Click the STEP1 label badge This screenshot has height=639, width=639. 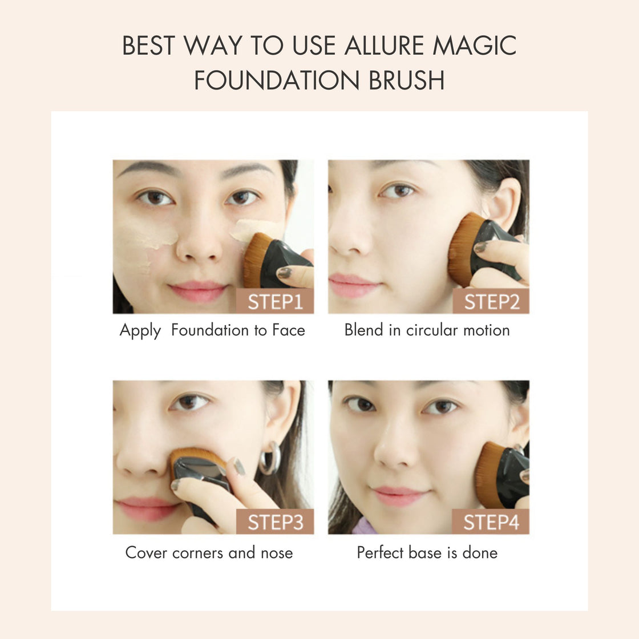pos(275,301)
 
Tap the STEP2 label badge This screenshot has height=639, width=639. pos(491,301)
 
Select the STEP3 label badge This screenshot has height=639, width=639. pos(275,521)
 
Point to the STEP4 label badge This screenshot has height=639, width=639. pos(491,521)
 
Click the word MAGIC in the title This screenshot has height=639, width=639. pos(474,45)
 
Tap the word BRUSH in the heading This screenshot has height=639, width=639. pos(406,80)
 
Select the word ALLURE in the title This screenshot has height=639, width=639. pos(385,45)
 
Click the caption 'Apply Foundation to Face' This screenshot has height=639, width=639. pos(212,330)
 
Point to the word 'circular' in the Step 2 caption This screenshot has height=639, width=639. pos(432,330)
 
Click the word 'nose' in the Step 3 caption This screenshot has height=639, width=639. pos(277,553)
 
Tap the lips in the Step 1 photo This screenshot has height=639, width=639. pos(198,291)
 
